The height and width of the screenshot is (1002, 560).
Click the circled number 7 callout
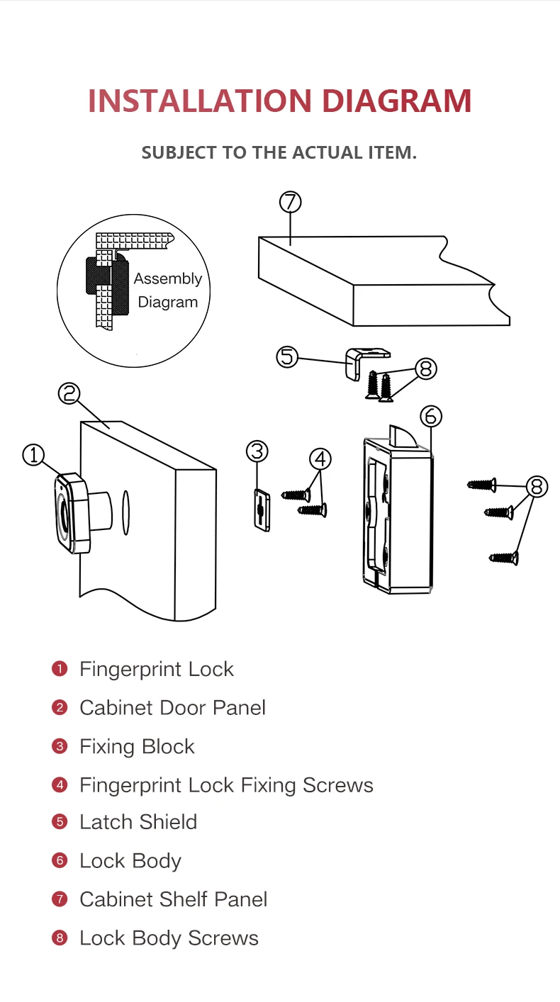(x=290, y=202)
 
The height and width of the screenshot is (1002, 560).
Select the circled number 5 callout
(x=287, y=356)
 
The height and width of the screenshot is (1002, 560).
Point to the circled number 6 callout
(x=431, y=417)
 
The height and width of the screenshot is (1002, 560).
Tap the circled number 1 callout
(x=34, y=455)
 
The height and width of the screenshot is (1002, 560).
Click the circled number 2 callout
(x=69, y=393)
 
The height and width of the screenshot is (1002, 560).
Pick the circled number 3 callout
(x=257, y=451)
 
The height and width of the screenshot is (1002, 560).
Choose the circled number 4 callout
(x=320, y=459)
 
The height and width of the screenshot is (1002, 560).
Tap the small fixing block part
(x=261, y=509)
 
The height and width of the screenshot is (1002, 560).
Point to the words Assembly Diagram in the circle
(x=167, y=291)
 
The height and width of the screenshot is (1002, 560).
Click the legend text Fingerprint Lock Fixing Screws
(x=226, y=784)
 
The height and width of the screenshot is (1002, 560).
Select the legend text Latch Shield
(x=138, y=822)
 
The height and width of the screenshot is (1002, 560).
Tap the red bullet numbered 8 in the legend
(x=60, y=938)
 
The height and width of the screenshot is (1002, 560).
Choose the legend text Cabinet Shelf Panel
(x=174, y=899)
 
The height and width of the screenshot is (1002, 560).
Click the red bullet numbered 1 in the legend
(x=60, y=669)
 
